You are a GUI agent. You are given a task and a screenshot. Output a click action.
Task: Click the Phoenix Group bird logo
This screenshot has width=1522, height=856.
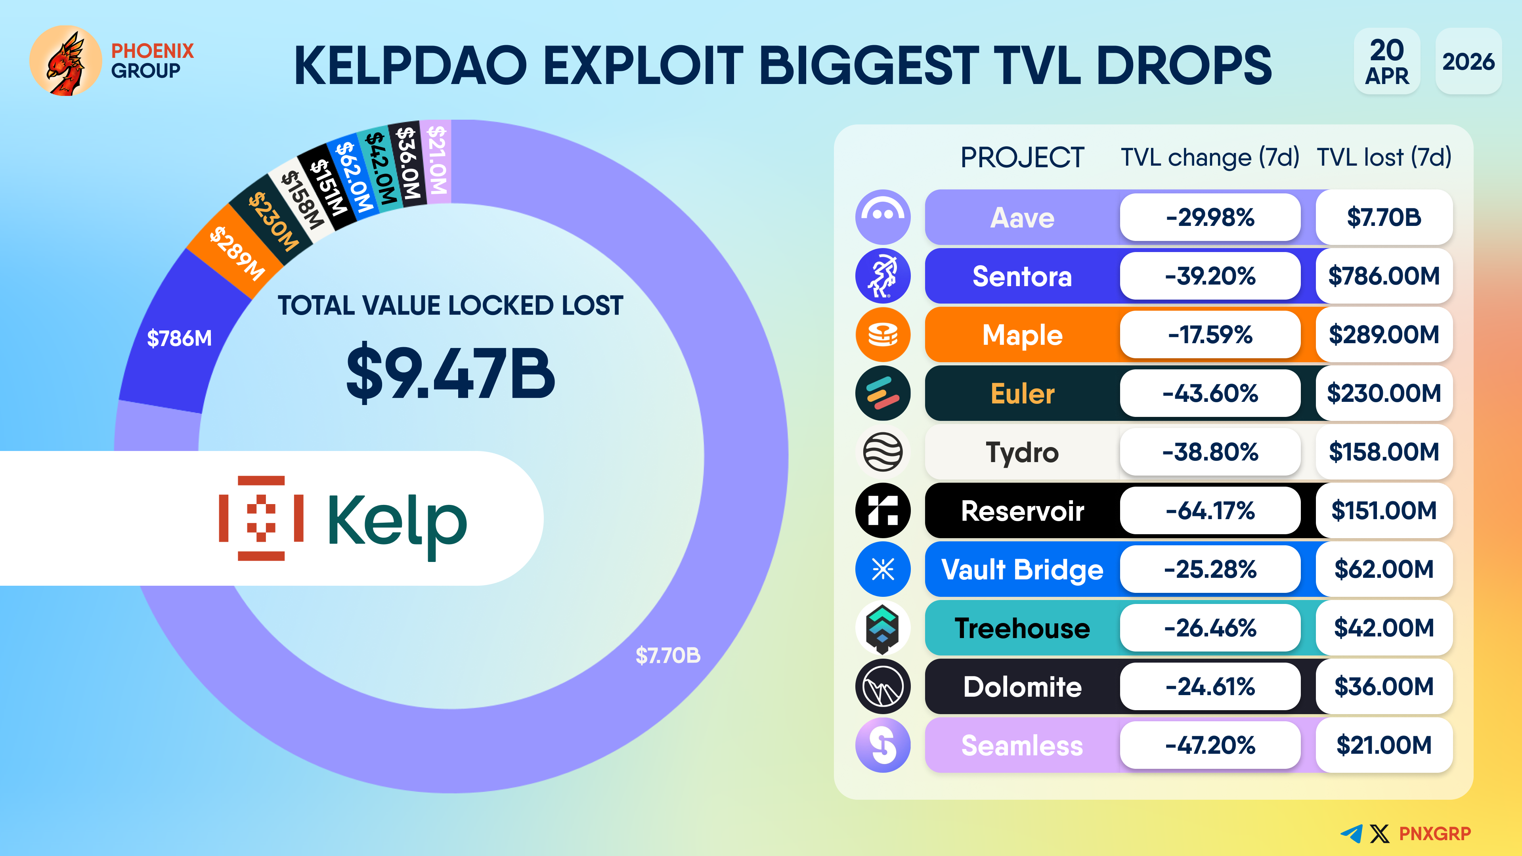pyautogui.click(x=65, y=61)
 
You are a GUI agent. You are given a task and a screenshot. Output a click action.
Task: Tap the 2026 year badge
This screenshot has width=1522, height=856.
pyautogui.click(x=1468, y=61)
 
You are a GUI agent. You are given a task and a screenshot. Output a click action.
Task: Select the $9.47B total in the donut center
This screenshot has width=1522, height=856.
pyautogui.click(x=450, y=373)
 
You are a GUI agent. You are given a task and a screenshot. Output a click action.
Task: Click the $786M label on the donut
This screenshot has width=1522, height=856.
pyautogui.click(x=179, y=338)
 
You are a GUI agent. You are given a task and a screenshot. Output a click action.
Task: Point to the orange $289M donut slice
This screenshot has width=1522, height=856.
pyautogui.click(x=236, y=253)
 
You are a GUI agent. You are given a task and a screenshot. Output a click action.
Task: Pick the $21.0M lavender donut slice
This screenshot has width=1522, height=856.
pyautogui.click(x=438, y=160)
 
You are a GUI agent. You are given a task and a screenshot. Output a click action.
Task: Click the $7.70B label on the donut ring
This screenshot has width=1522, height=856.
pyautogui.click(x=667, y=655)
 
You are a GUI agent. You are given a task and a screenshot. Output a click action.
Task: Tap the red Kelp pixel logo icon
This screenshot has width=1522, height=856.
pyautogui.click(x=261, y=518)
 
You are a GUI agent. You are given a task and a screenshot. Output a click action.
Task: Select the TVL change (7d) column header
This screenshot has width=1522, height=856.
pyautogui.click(x=1210, y=158)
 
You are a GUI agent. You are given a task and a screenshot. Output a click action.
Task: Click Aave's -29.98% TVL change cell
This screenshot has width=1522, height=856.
pyautogui.click(x=1210, y=218)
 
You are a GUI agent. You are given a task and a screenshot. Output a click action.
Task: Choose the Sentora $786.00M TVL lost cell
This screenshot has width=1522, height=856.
pyautogui.click(x=1384, y=276)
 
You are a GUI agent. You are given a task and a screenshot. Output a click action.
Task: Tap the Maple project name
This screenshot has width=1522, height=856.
pyautogui.click(x=1022, y=335)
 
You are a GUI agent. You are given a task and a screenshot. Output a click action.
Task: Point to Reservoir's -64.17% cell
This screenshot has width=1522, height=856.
pyautogui.click(x=1210, y=510)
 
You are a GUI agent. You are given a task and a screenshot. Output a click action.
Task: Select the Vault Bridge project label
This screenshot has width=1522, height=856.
pyautogui.click(x=1022, y=569)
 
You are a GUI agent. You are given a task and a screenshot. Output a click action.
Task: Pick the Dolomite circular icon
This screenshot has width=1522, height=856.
pyautogui.click(x=883, y=686)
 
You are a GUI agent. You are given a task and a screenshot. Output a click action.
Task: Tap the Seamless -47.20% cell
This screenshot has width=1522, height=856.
pyautogui.click(x=1210, y=745)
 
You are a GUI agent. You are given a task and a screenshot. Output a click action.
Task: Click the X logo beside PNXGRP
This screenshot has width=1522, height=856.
pyautogui.click(x=1380, y=833)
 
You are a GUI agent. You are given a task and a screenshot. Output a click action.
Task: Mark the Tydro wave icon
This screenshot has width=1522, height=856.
pyautogui.click(x=883, y=452)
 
